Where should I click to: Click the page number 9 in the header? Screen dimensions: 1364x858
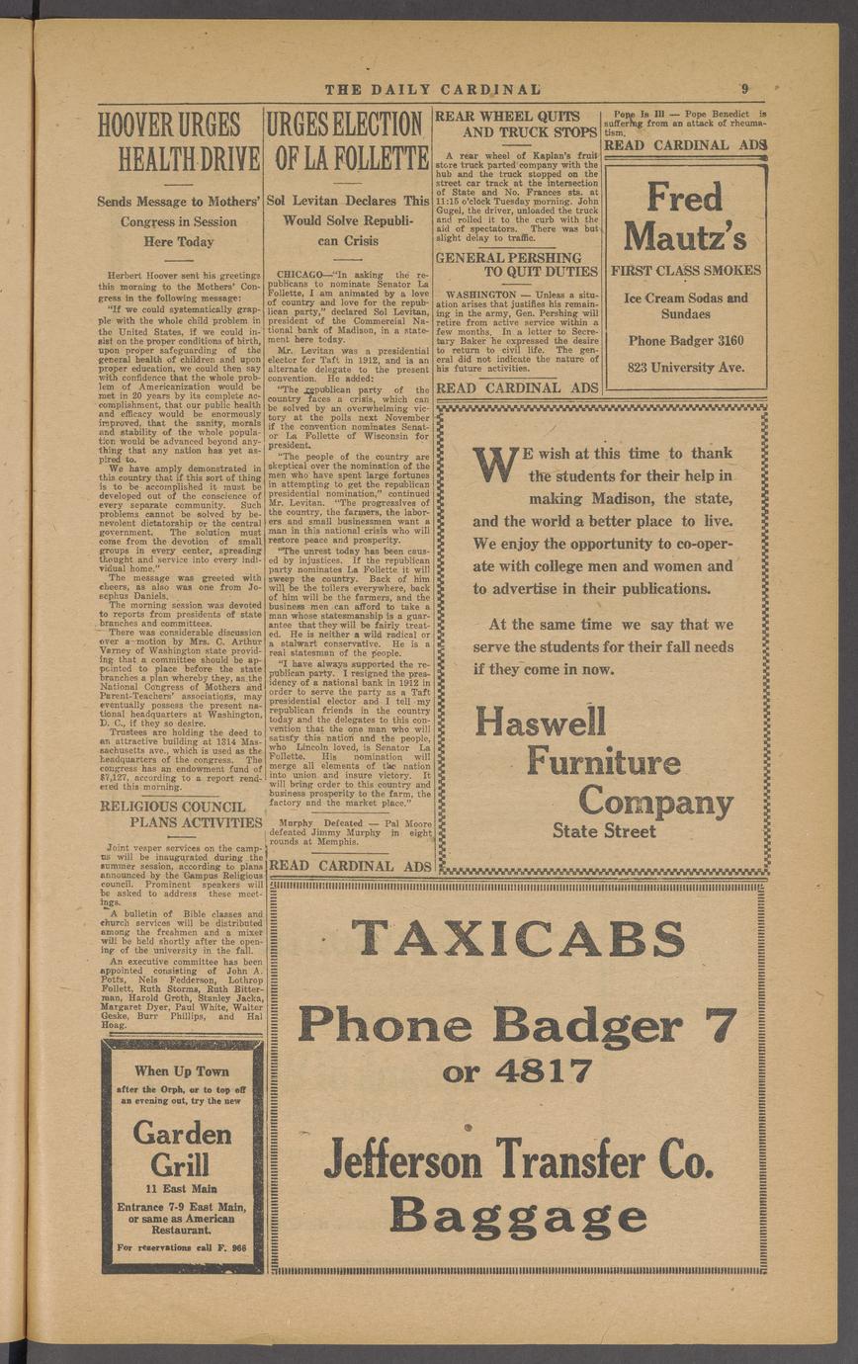745,88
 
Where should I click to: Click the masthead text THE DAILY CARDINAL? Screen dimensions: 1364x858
433,89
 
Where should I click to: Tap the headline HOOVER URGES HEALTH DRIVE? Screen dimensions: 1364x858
179,142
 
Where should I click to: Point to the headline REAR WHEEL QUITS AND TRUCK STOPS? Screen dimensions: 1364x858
516,124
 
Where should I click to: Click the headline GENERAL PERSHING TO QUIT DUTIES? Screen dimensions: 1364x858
517,264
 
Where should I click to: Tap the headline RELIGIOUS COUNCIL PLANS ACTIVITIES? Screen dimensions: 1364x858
181,814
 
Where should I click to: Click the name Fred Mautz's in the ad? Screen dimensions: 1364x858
685,217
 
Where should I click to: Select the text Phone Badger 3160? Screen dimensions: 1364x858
685,341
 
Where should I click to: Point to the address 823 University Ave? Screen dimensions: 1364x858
685,369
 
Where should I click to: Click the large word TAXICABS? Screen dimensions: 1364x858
517,938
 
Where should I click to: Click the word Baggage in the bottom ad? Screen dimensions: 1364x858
518,1215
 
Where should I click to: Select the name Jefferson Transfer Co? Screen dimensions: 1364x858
518,1158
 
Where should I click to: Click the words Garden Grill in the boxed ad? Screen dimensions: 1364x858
182,1147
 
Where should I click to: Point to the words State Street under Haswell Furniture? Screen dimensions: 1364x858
603,831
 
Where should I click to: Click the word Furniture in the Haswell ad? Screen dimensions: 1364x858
603,762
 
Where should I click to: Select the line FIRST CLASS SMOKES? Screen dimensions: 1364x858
685,271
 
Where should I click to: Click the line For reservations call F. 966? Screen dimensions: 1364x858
182,1247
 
